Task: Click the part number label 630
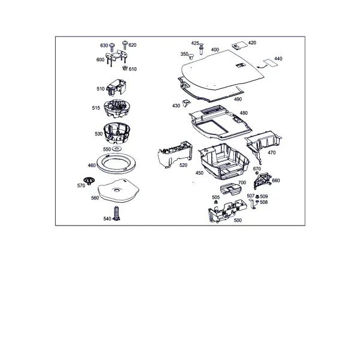point(104,46)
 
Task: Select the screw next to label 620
point(125,45)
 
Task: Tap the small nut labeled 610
point(125,68)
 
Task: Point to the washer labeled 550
point(117,149)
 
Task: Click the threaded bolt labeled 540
point(117,214)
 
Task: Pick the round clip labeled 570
point(89,181)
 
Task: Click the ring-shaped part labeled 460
point(116,163)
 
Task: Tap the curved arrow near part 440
point(262,67)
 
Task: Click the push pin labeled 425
point(202,49)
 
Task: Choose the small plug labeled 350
point(191,56)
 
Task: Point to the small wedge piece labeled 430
point(187,103)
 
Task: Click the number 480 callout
point(244,113)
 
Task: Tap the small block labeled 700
point(230,189)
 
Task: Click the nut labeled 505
point(215,202)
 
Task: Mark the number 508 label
point(264,202)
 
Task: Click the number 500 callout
point(238,220)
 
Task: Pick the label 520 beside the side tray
point(183,165)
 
